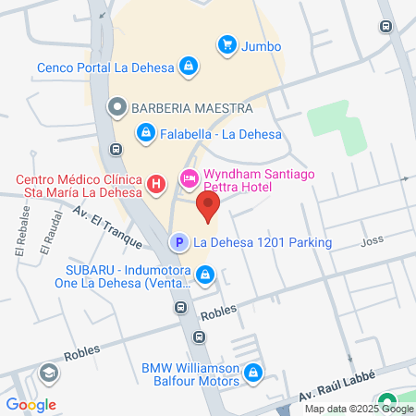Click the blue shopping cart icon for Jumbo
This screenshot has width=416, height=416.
click(x=226, y=43)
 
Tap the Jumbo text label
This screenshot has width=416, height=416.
click(x=262, y=45)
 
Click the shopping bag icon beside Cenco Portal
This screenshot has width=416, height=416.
click(x=189, y=66)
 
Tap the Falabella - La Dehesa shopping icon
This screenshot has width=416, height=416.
click(x=145, y=134)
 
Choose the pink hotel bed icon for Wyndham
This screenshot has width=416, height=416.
click(x=189, y=177)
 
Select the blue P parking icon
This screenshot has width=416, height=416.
click(x=177, y=243)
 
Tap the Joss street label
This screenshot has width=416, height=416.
click(x=372, y=242)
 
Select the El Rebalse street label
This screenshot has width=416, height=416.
click(x=20, y=239)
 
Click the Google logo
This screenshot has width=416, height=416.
click(x=31, y=404)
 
